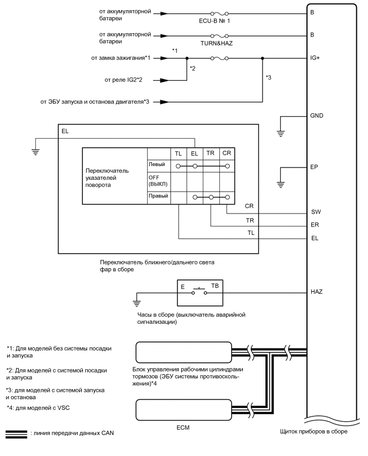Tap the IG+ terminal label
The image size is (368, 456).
(315, 57)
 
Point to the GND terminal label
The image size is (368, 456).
(317, 116)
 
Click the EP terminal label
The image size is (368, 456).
(314, 167)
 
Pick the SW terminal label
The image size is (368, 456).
(315, 211)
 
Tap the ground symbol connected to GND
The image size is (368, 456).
(281, 133)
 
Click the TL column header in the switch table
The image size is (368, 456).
(179, 154)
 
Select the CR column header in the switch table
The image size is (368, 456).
(227, 154)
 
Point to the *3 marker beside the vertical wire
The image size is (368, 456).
(270, 78)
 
